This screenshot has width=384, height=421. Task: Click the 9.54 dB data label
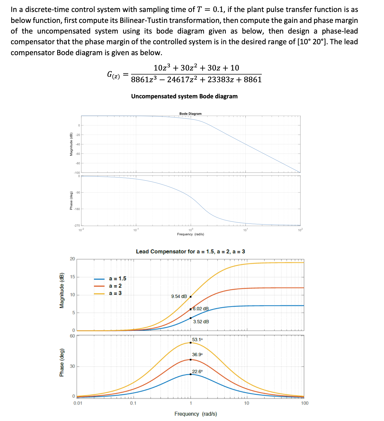tap(179, 296)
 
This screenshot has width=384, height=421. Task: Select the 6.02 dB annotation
tap(201, 309)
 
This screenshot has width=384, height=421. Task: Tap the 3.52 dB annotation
tap(201, 322)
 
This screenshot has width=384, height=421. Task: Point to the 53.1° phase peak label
tap(197, 340)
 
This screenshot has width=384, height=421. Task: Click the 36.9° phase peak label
tap(197, 354)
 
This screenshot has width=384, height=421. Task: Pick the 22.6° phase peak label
tap(197, 371)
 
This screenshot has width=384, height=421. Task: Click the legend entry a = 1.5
tap(117, 279)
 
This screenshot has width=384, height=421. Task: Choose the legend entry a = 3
tap(115, 293)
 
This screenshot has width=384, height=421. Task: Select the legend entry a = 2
tap(115, 286)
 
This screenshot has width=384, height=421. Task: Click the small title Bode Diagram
tap(190, 114)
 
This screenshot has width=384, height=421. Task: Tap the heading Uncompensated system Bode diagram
tap(184, 96)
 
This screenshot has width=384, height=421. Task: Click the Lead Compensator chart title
tap(190, 252)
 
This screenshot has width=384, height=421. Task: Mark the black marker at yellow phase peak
tap(191, 343)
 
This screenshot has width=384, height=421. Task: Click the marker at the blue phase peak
tap(191, 374)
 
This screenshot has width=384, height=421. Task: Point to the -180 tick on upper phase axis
tap(77, 209)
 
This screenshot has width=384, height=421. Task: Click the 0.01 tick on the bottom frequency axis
tap(78, 403)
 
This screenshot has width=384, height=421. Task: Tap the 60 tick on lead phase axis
tap(72, 336)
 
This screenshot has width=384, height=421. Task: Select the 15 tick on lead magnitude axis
tap(72, 277)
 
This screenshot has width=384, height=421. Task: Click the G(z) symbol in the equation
tap(113, 75)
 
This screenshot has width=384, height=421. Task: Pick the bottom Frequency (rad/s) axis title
tap(196, 414)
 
